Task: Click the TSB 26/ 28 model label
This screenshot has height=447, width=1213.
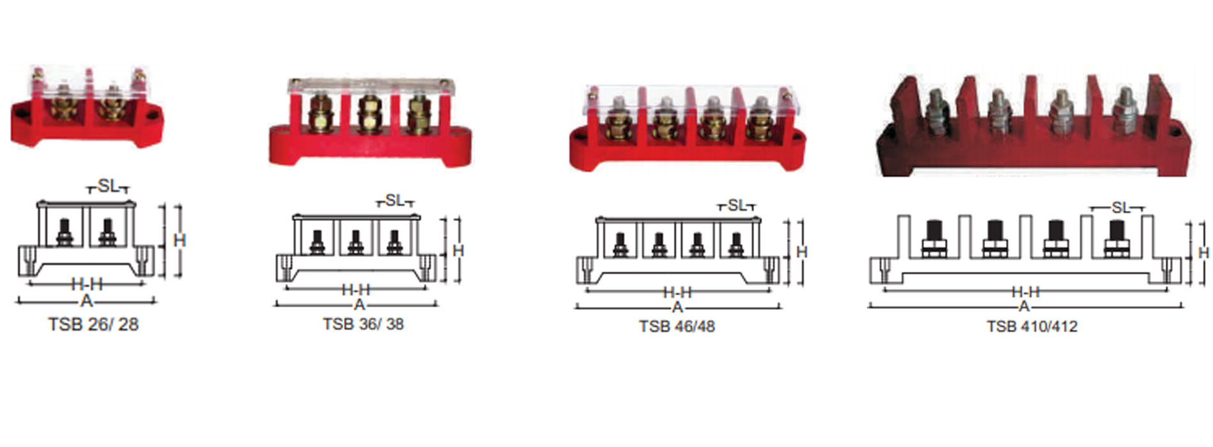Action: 93,324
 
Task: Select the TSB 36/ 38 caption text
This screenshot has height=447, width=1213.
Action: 363,324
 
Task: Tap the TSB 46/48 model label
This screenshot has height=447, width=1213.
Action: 677,326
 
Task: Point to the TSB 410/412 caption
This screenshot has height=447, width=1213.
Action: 1032,326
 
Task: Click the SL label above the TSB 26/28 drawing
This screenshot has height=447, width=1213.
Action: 108,186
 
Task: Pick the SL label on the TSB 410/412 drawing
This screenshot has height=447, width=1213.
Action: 1120,208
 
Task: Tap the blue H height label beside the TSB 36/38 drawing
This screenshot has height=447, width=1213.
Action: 458,251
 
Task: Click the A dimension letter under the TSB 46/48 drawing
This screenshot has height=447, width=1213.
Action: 677,308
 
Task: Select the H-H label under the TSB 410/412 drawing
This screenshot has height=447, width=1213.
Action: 1025,292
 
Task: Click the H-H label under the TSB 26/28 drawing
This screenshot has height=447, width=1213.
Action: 87,284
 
